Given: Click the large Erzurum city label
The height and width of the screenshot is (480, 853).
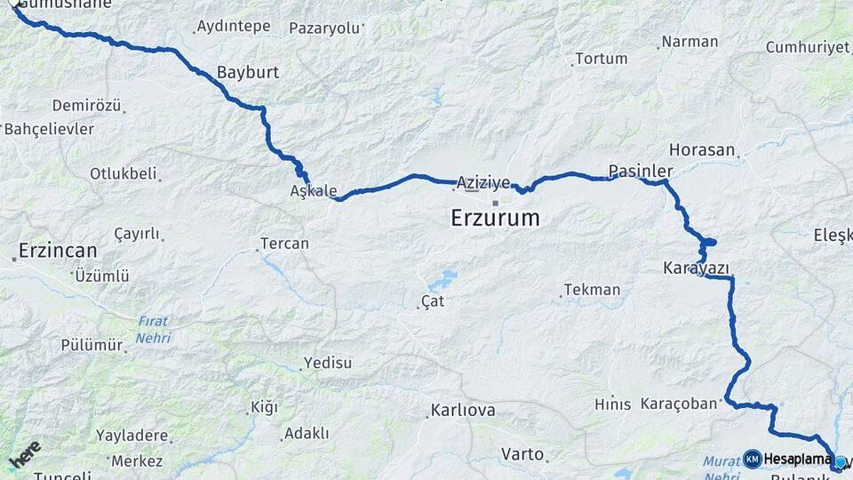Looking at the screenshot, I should point(495,218).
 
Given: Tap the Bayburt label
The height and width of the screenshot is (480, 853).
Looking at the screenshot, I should point(248,73).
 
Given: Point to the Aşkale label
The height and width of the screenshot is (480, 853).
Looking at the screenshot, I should point(314,191).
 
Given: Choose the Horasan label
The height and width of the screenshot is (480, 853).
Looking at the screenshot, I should point(702,150).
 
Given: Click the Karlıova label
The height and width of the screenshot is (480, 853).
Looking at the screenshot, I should point(463,411).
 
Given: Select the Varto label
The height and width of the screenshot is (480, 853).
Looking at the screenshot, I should point(522,454).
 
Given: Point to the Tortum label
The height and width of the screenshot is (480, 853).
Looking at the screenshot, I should point(602,59).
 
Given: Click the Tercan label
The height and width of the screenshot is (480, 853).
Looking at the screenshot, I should point(284,244).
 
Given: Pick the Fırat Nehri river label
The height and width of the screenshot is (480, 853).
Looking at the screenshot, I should point(153,330).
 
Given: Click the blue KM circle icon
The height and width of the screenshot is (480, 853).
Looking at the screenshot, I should point(752,459).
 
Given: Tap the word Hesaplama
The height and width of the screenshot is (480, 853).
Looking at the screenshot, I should point(797,459).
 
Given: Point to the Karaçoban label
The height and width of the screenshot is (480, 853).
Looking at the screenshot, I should point(679,404).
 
